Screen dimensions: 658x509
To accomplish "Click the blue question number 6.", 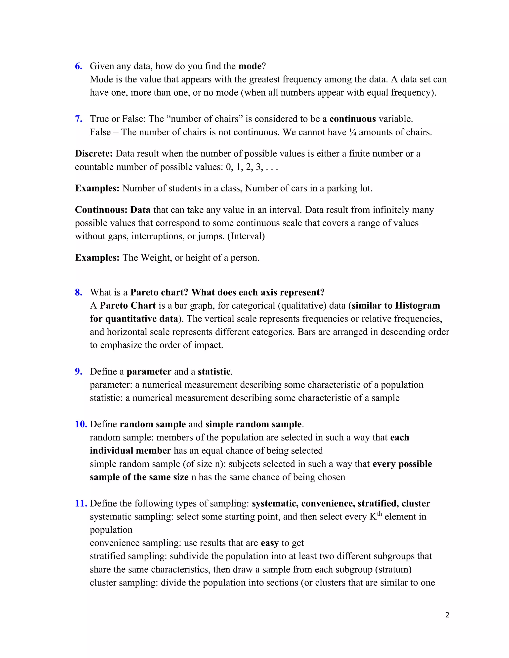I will [x=78, y=66].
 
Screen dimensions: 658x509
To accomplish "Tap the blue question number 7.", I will [x=78, y=119].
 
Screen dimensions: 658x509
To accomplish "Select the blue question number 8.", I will [x=78, y=292].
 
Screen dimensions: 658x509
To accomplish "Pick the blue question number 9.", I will [x=78, y=372].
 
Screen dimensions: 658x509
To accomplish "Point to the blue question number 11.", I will [x=81, y=504].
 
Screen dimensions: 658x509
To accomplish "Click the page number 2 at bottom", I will [x=447, y=615].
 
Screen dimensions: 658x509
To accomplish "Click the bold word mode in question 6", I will [x=250, y=66].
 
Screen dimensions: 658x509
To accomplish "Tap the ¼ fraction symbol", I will [x=352, y=132].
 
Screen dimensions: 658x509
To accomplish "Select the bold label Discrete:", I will [x=94, y=154].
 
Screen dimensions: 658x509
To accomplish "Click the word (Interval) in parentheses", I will [x=246, y=236].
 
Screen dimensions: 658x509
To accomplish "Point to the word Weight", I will [x=156, y=258].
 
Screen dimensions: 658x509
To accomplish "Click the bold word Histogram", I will [x=417, y=306].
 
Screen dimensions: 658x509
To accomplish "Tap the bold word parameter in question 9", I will [x=149, y=372].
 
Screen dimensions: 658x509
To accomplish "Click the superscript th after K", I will [x=379, y=514].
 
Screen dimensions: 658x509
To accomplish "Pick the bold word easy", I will [x=270, y=543].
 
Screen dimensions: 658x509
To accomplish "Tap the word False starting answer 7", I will [x=100, y=132].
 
